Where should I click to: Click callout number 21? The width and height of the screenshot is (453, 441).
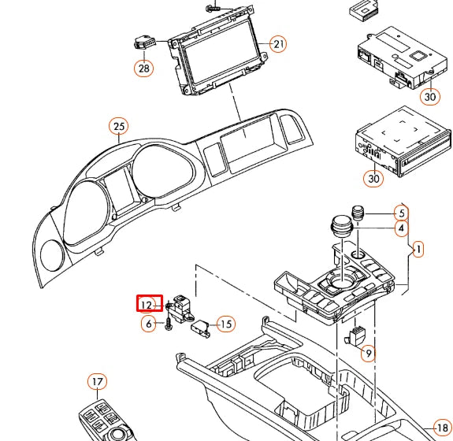click(x=279, y=44)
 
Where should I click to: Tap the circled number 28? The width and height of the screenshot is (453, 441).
click(x=143, y=69)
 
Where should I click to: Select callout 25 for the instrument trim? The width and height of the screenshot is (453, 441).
click(x=118, y=126)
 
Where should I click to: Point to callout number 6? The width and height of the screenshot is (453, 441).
click(x=148, y=324)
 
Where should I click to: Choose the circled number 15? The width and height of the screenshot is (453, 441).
click(x=226, y=324)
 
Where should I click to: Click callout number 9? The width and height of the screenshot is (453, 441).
click(x=369, y=354)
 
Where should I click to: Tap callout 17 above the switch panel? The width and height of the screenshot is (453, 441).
click(x=97, y=383)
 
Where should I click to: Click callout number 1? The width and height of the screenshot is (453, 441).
click(x=418, y=250)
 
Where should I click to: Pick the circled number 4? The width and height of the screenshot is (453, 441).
click(x=401, y=229)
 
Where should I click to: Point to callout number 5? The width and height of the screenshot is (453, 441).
click(x=401, y=213)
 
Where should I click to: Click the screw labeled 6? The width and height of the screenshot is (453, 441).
click(x=169, y=322)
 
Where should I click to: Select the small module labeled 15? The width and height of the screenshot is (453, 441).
click(x=202, y=324)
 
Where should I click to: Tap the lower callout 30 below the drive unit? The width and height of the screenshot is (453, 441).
click(x=373, y=179)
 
